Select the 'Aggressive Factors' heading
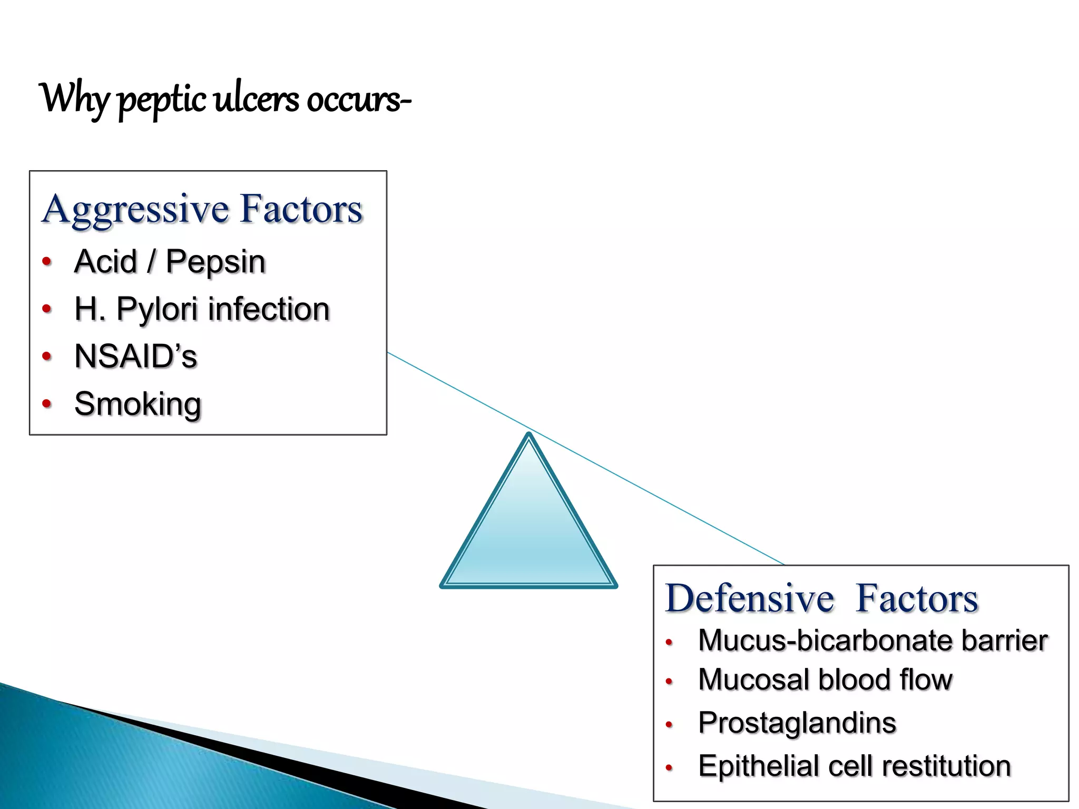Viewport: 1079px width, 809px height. (202, 209)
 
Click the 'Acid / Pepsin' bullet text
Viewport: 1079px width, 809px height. (170, 262)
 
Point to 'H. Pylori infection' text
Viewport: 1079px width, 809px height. (202, 309)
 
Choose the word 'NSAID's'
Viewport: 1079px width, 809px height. (135, 357)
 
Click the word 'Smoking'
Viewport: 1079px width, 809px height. (138, 404)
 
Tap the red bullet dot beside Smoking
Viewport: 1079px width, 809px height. (47, 404)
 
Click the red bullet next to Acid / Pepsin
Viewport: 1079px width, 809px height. (47, 261)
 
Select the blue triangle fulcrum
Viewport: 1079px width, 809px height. (528, 532)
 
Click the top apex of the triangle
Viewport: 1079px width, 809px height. (528, 436)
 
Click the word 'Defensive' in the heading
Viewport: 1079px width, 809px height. (749, 598)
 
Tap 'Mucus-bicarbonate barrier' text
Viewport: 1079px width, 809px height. (872, 640)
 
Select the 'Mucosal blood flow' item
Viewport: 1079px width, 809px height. (825, 679)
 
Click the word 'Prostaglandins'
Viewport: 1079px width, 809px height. (797, 723)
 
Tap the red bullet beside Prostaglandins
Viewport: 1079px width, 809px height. (669, 725)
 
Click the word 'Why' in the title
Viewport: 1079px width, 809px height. (74, 99)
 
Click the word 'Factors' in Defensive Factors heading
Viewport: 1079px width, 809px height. (917, 598)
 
